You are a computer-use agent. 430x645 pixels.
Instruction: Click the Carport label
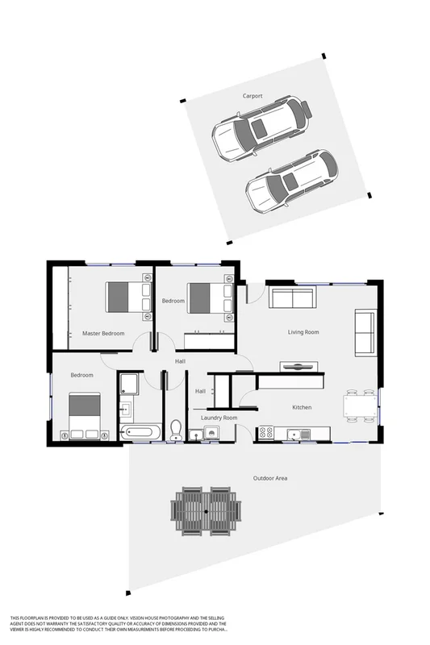click(253, 96)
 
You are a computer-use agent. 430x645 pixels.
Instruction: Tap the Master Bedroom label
click(103, 333)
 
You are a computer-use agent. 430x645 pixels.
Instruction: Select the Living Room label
click(303, 332)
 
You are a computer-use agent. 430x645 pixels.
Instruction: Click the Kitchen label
click(302, 408)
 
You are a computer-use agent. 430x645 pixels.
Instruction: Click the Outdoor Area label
click(271, 478)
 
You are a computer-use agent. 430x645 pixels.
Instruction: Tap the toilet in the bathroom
click(176, 428)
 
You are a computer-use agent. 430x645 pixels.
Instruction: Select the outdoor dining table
click(207, 511)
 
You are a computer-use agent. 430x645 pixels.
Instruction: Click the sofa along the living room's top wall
click(292, 298)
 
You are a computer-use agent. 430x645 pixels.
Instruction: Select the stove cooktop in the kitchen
click(267, 435)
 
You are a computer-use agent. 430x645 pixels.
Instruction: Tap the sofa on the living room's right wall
click(365, 332)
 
